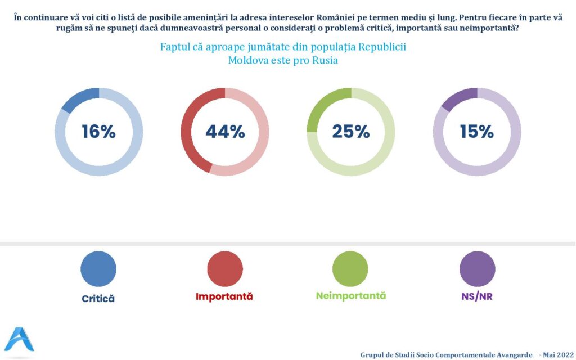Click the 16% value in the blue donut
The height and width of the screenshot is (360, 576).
[x=98, y=132]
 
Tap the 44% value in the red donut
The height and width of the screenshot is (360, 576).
[x=225, y=132]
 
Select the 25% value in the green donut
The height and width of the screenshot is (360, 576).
[x=350, y=132]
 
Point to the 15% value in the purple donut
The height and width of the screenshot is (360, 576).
[x=476, y=132]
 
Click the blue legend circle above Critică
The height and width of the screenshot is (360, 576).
[x=98, y=269]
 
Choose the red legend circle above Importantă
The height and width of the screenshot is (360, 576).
[x=224, y=269]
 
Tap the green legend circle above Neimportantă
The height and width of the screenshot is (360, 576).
[x=350, y=269]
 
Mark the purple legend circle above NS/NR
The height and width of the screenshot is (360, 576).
[x=477, y=269]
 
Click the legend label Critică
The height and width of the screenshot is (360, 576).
[x=98, y=299]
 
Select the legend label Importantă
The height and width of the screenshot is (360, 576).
[x=224, y=296]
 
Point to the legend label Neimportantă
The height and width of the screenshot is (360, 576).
[x=351, y=296]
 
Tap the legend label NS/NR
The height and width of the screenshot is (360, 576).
[x=476, y=296]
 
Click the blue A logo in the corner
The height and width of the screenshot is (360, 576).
[x=19, y=339]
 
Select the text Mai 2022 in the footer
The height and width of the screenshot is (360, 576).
[x=557, y=355]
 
